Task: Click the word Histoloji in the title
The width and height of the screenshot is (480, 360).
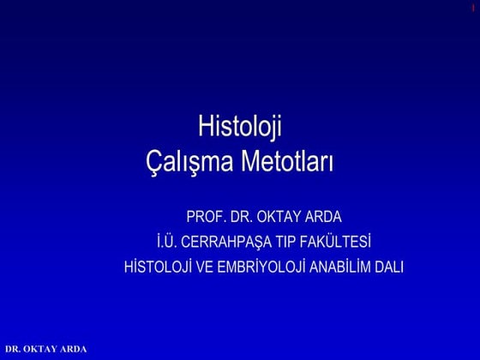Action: tap(240, 129)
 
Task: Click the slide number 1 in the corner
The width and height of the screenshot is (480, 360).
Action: tap(473, 8)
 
